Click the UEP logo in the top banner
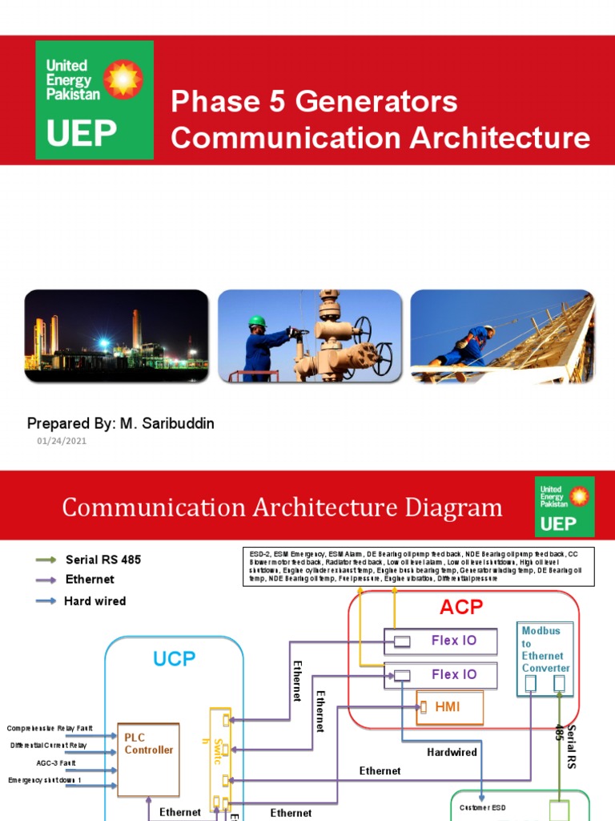pos(94,100)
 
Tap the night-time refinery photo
pos(116,335)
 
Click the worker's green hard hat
pos(257,321)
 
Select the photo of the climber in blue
pos(502,335)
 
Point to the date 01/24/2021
pos(62,441)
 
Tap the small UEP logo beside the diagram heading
pos(564,507)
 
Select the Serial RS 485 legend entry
pos(102,560)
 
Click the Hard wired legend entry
pos(94,601)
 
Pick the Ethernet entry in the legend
pos(90,579)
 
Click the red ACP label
pos(461,608)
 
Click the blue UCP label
pos(174,659)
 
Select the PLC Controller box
pos(148,759)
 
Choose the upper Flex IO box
pos(441,641)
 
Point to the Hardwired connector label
pos(452,752)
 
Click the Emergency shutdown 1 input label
pos(46,780)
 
